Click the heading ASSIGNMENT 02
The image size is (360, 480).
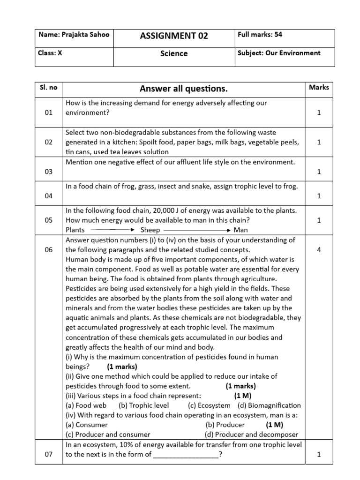tap(174, 36)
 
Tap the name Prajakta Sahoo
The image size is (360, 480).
tap(74, 35)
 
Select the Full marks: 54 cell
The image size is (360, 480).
tap(260, 35)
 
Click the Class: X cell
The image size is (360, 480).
tap(50, 53)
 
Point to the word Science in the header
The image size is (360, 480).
tap(174, 54)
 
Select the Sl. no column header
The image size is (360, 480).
tap(49, 88)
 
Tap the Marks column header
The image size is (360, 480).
tap(319, 87)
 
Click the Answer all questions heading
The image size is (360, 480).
tap(184, 89)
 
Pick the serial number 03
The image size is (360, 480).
tap(49, 172)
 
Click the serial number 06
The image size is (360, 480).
tap(49, 250)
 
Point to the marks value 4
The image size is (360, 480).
tap(319, 250)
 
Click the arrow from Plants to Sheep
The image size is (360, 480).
tap(112, 230)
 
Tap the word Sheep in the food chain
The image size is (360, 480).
tap(150, 230)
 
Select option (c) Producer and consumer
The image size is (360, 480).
tap(108, 435)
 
